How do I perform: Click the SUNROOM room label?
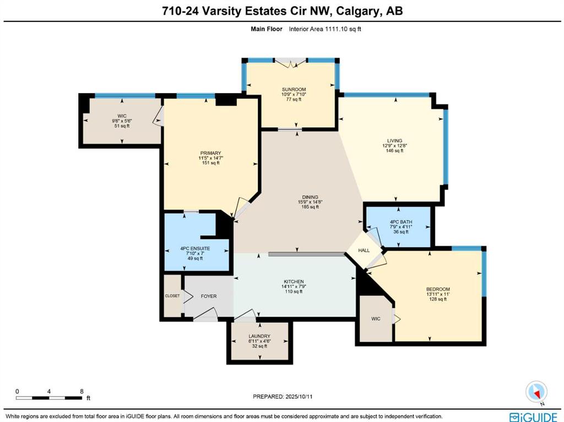(294, 89)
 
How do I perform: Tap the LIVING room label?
(394, 140)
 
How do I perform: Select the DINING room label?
(310, 197)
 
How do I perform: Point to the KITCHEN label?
(294, 282)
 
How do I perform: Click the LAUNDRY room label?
(259, 337)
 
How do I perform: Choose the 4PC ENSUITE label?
(195, 248)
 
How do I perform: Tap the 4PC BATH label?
(401, 222)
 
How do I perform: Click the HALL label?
(364, 251)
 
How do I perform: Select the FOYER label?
(209, 296)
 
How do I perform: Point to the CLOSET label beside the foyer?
(172, 296)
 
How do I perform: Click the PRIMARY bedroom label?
(211, 153)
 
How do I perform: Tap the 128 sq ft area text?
(438, 299)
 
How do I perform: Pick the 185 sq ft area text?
(310, 207)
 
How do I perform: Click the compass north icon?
(536, 392)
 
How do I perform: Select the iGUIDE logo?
(533, 416)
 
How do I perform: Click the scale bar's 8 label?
(82, 391)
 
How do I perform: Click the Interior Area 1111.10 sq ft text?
(325, 29)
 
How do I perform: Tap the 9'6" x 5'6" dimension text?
(122, 121)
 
